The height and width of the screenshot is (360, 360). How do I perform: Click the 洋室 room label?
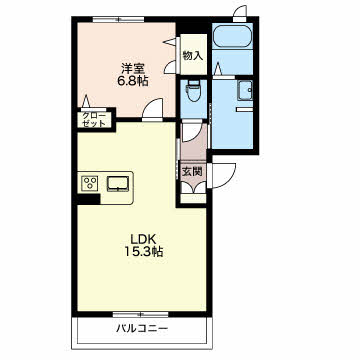point(133,68)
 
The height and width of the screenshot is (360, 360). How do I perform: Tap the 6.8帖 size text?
point(133,81)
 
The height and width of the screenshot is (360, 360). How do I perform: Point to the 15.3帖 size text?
point(144,252)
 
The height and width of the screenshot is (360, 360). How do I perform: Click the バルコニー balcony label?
point(142,329)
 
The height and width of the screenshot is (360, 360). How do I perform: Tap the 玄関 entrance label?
point(192,171)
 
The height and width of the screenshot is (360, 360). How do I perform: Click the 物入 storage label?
point(193,55)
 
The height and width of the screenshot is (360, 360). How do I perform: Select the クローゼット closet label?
point(94,119)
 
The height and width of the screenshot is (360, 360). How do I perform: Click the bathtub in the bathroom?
point(232,37)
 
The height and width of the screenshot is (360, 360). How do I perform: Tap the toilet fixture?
point(193,91)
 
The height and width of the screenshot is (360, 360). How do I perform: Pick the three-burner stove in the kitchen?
point(89,183)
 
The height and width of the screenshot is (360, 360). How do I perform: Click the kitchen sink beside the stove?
point(118,184)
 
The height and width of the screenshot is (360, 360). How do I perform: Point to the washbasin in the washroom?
point(245,91)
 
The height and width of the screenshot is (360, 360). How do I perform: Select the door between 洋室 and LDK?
point(152,109)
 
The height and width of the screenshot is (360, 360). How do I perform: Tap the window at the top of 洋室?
point(119,19)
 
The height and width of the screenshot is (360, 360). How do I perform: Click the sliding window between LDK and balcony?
point(140,314)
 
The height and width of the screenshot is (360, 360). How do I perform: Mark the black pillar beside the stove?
point(89,199)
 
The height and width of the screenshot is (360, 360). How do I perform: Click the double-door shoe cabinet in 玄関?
point(193,187)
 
